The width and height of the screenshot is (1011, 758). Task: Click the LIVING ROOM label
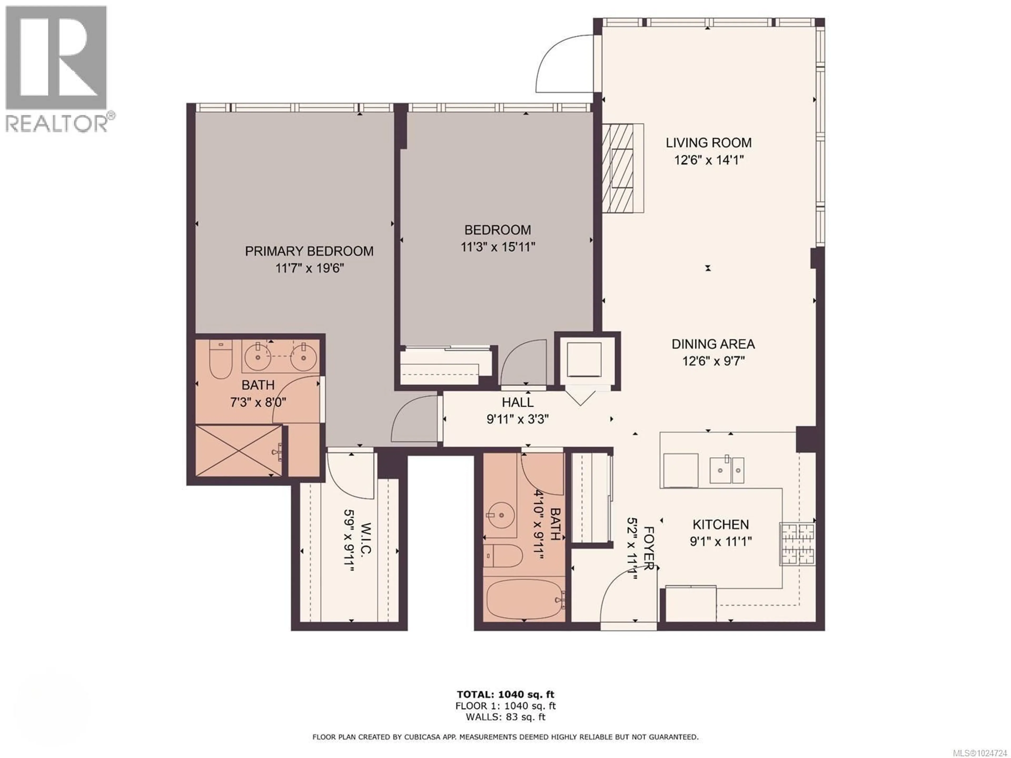[708, 143]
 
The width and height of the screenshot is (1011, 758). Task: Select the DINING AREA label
[713, 344]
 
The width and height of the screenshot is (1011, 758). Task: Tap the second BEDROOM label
[497, 230]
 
